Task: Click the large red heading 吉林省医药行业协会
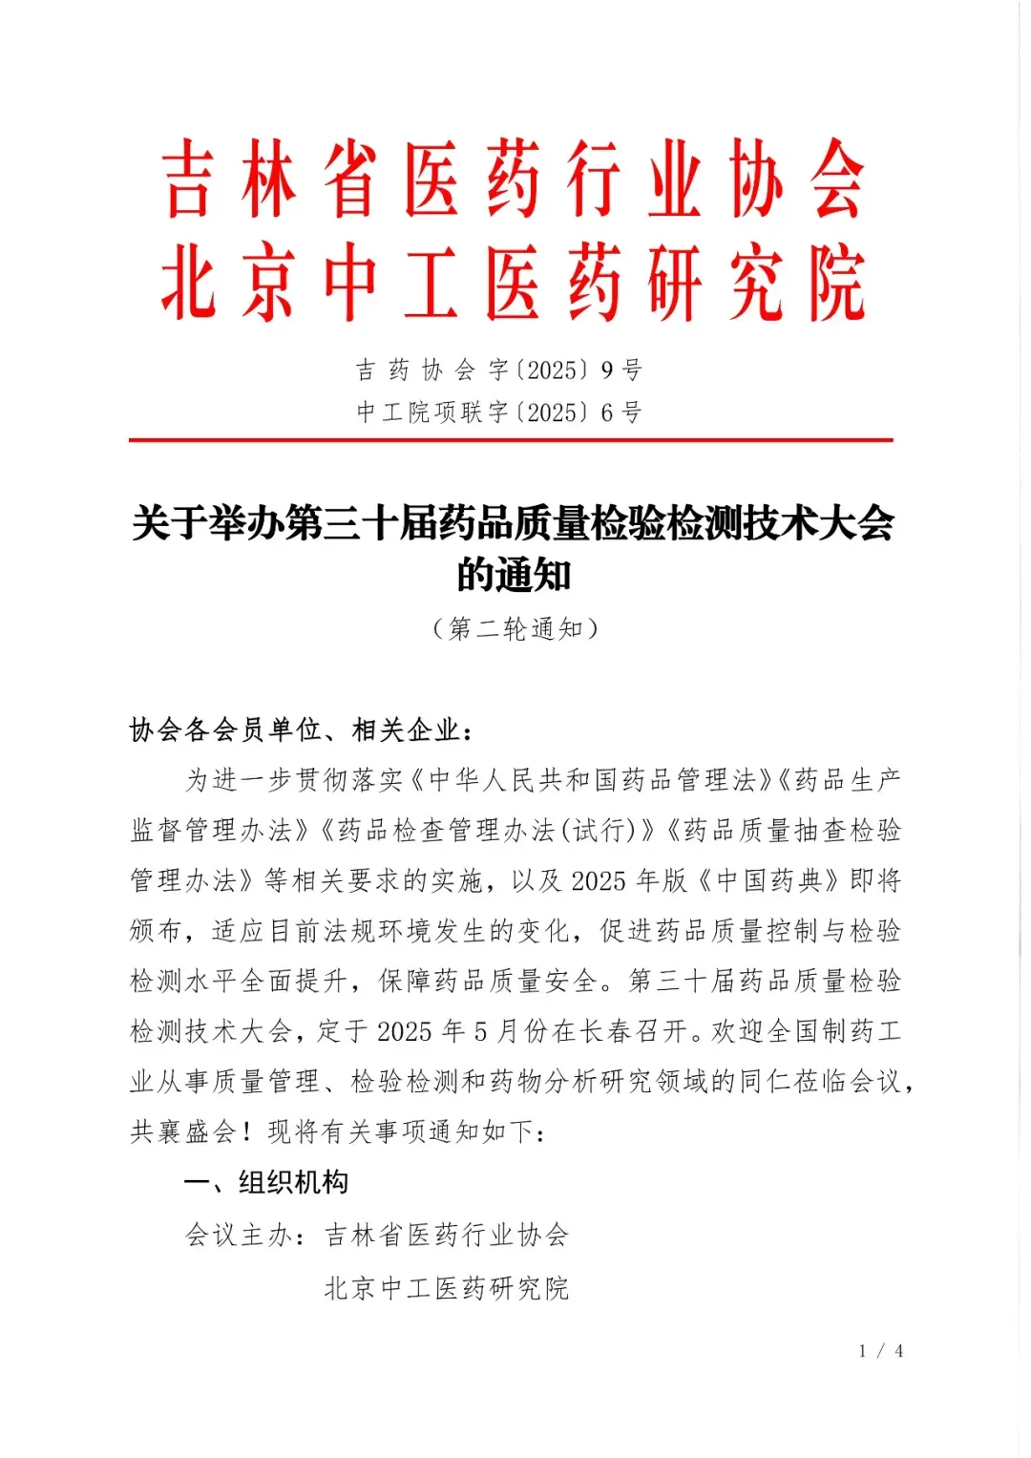point(513,180)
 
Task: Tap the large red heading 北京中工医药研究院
point(513,283)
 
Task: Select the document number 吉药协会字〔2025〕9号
point(499,370)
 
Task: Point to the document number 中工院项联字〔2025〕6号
point(499,412)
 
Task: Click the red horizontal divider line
point(511,440)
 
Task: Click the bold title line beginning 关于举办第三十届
point(513,523)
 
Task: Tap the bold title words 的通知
point(513,576)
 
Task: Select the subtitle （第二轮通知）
point(515,628)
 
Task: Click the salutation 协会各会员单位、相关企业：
point(302,730)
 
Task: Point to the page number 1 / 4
point(880,1350)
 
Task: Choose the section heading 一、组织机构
point(266,1182)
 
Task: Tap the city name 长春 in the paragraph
point(606,1031)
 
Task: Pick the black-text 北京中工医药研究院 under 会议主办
point(447,1288)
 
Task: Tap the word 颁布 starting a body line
point(157,931)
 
